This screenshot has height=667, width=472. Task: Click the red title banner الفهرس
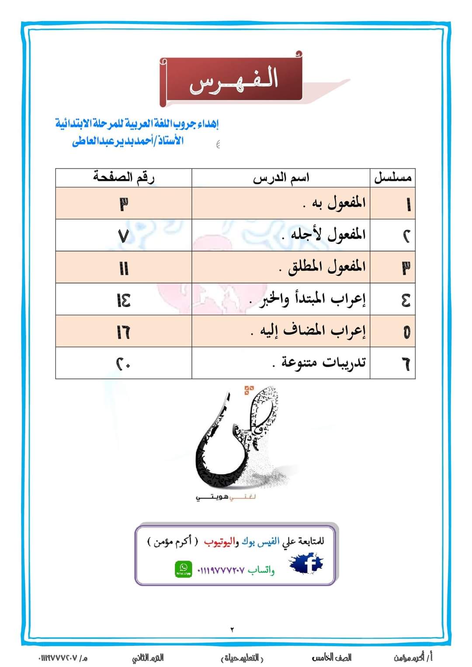(x=232, y=81)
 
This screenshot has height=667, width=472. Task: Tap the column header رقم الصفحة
(x=124, y=177)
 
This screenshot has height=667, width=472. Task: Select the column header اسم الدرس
(x=281, y=178)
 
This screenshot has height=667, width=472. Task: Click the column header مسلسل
(x=392, y=178)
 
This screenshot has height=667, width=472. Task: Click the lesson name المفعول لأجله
(x=324, y=235)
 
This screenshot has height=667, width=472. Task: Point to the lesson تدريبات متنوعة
(x=319, y=363)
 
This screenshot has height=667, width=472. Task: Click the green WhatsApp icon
(x=184, y=569)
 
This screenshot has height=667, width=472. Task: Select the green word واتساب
(x=261, y=570)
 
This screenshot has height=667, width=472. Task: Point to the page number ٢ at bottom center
(x=232, y=629)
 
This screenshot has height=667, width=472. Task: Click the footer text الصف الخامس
(x=332, y=657)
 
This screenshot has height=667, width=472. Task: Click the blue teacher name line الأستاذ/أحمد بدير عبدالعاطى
(x=128, y=141)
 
